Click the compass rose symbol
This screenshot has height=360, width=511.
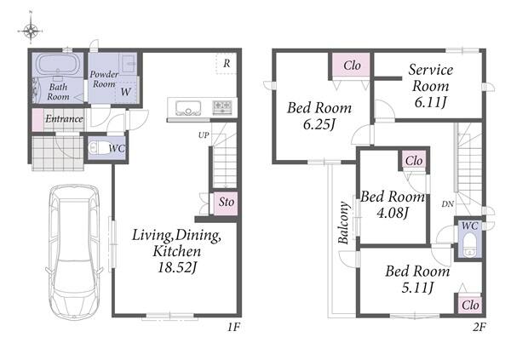(31, 31)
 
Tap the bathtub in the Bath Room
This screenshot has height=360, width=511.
(59, 65)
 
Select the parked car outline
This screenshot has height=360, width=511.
(74, 253)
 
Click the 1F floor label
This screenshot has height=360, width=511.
(233, 327)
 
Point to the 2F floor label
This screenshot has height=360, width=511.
(479, 327)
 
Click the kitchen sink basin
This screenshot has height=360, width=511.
(188, 107)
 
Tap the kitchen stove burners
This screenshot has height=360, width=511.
(222, 107)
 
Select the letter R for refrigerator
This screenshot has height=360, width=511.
(227, 64)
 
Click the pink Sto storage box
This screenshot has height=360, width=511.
(226, 203)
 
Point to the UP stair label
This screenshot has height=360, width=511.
(204, 134)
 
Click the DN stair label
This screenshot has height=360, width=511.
(448, 204)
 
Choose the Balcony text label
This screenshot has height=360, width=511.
(343, 223)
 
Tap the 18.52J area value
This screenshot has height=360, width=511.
(177, 268)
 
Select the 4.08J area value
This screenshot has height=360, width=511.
(393, 213)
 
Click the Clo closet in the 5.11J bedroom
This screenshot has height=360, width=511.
(470, 306)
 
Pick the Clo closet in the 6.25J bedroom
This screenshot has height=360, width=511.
(352, 66)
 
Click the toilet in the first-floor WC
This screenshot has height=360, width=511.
(98, 147)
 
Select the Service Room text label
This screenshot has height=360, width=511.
(431, 78)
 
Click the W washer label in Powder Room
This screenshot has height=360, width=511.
(125, 92)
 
